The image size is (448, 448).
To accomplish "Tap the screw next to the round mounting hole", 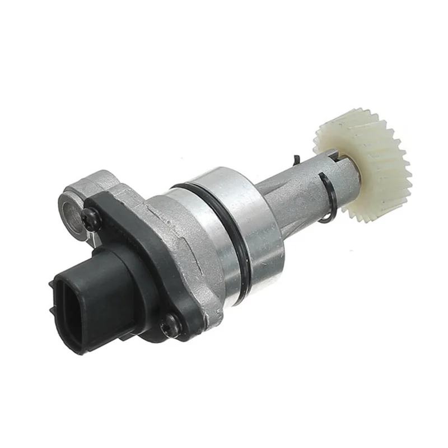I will point(90,220).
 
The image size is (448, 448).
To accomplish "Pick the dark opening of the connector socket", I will point(70,314).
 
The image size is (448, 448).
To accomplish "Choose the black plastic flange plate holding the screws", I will point(134,235).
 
